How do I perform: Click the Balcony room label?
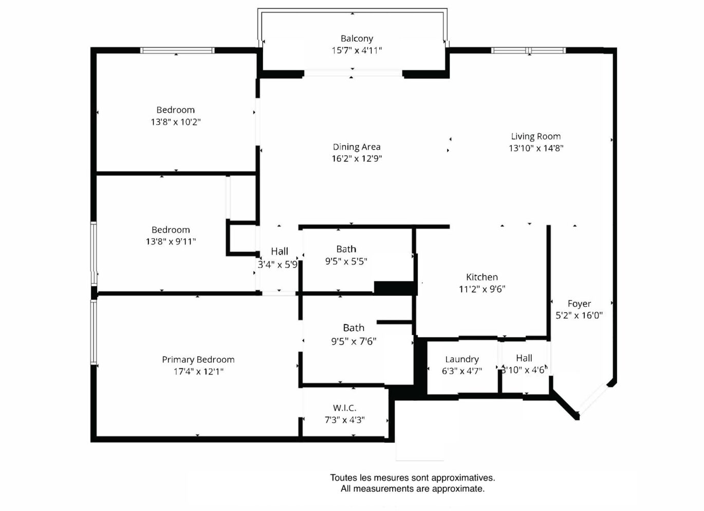pos(357,39)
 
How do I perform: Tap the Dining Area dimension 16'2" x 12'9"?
pos(357,158)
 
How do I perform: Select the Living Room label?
pos(536,136)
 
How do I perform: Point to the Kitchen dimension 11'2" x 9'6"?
pos(482,289)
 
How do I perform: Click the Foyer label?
pos(579,304)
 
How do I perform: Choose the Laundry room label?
pos(462,359)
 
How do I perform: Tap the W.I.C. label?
pos(345,408)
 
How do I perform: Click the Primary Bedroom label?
pos(198,360)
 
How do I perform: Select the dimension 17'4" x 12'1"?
pos(199,372)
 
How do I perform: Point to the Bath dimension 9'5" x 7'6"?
pos(354,341)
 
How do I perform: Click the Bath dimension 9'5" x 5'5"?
pos(346,261)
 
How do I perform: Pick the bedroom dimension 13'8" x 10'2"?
pos(176,122)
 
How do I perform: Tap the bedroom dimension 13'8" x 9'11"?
pos(171,242)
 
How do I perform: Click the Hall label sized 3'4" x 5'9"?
pos(280,252)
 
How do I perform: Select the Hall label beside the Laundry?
pos(524,358)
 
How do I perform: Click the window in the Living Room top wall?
pos(528,50)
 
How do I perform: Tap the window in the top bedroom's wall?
pos(177,50)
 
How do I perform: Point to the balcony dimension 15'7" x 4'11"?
pos(357,50)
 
